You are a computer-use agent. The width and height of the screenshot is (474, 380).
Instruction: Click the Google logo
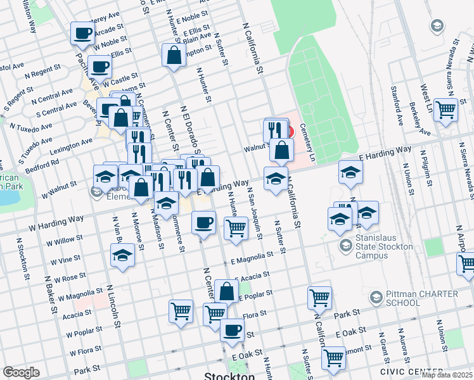[21, 372]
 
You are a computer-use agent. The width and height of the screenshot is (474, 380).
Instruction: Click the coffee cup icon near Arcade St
[82, 34]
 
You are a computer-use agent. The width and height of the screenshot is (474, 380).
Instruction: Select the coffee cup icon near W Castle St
[99, 66]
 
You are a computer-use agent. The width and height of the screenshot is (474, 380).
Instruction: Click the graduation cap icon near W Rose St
[122, 255]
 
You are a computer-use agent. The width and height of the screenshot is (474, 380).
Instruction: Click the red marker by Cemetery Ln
[290, 131]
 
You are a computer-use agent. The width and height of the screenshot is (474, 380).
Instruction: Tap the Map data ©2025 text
[447, 375]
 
